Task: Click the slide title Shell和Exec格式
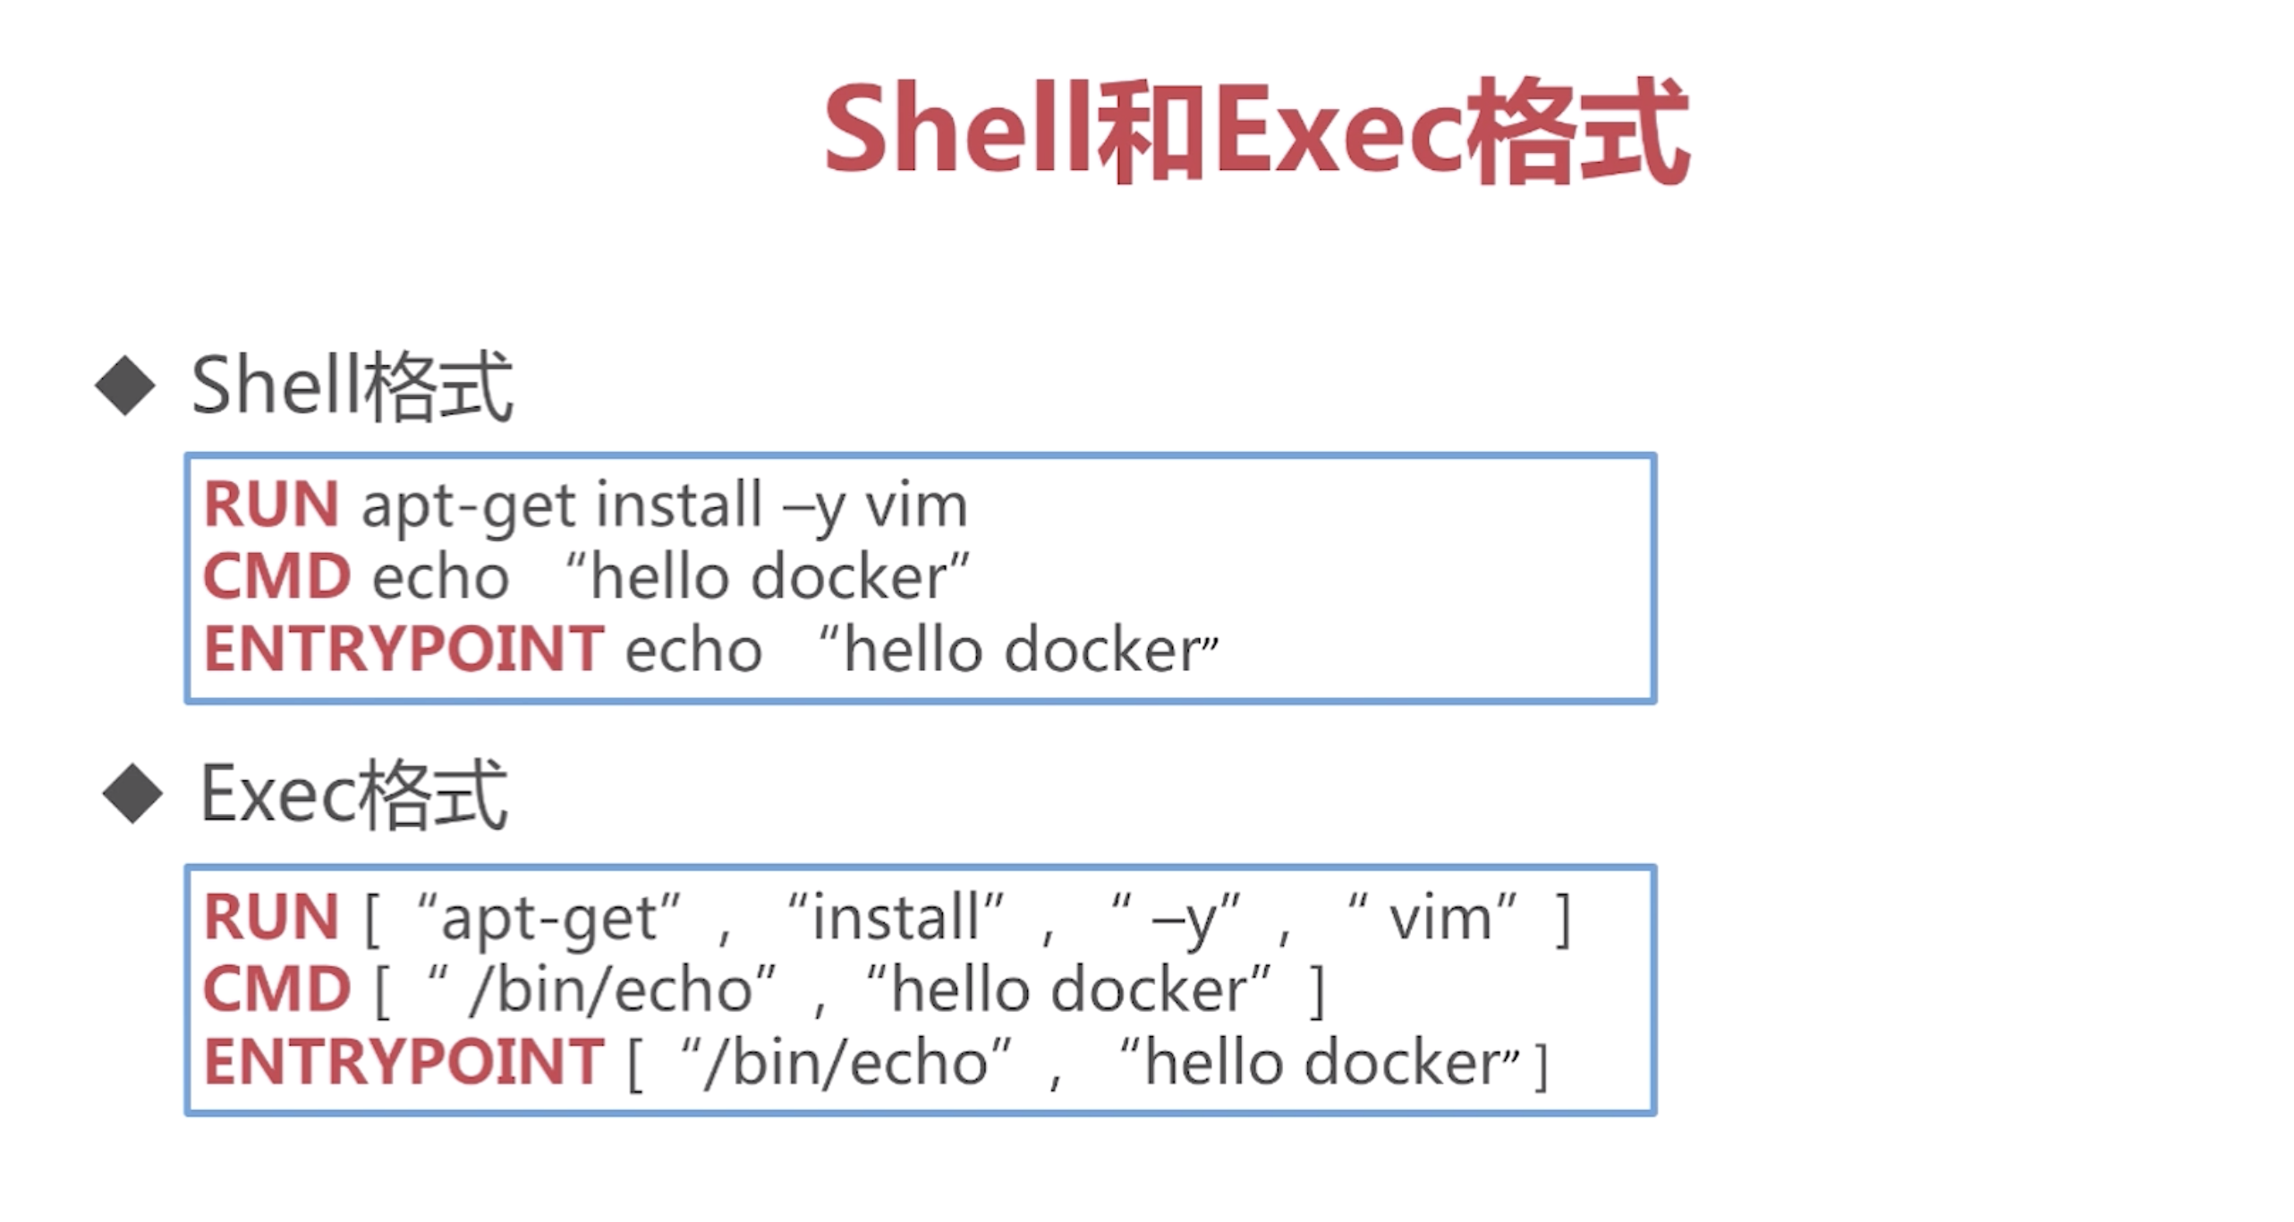[1255, 132]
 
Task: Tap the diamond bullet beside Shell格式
[125, 386]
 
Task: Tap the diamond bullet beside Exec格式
[132, 793]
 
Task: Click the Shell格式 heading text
[352, 386]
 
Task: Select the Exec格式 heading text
[354, 793]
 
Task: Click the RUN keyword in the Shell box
[271, 505]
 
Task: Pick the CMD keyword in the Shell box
[276, 576]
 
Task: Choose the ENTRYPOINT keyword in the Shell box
[404, 649]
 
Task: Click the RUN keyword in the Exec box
[271, 917]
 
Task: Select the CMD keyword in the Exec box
[276, 989]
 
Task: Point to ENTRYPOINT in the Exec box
[404, 1062]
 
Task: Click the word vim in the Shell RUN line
[916, 506]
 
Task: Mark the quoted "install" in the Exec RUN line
[896, 917]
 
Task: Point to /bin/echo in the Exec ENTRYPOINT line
[845, 1063]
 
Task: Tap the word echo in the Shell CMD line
[440, 578]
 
